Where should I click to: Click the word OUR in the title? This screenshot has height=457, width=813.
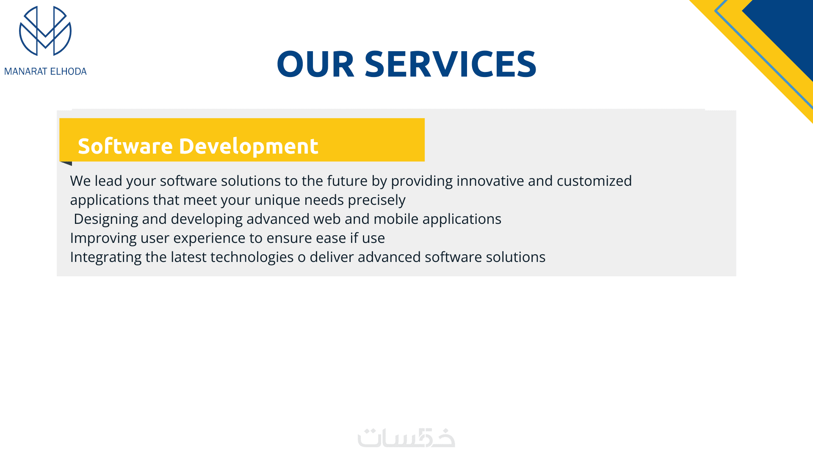pyautogui.click(x=315, y=64)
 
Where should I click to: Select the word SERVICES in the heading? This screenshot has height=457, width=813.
pyautogui.click(x=451, y=64)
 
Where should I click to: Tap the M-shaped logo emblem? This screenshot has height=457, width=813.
pyautogui.click(x=45, y=31)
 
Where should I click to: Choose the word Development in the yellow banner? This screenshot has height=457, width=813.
pyautogui.click(x=249, y=147)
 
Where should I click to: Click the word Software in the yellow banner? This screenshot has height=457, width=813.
pyautogui.click(x=125, y=146)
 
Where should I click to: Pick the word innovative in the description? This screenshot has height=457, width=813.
pyautogui.click(x=490, y=181)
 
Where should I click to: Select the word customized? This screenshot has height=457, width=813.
pyautogui.click(x=594, y=181)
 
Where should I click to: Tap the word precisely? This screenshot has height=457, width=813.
pyautogui.click(x=376, y=200)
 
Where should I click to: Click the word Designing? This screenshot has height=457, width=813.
pyautogui.click(x=106, y=219)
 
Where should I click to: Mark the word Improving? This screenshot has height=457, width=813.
pyautogui.click(x=103, y=238)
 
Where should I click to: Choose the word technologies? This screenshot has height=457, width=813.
pyautogui.click(x=232, y=257)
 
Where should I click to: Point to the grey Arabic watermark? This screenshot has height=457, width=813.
pyautogui.click(x=406, y=438)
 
